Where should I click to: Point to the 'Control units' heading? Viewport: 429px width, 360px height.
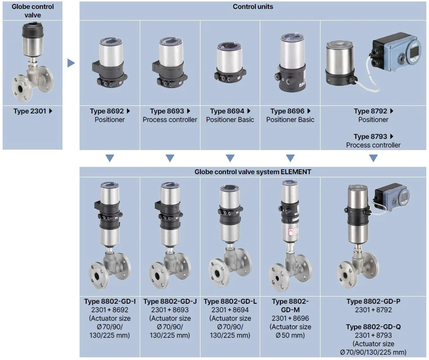(253, 7)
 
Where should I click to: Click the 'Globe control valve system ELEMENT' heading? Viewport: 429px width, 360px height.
(253, 172)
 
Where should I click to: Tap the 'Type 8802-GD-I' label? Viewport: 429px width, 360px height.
(110, 301)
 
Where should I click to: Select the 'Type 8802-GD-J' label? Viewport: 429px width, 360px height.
(170, 301)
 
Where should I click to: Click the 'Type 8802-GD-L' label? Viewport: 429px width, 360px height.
(230, 301)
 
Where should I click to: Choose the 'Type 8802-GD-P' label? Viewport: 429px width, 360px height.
(373, 301)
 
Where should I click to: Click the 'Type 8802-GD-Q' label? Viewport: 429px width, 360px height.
(373, 327)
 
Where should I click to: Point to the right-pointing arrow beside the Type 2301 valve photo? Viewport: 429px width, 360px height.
(71, 63)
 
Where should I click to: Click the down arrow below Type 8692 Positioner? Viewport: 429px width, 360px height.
(109, 158)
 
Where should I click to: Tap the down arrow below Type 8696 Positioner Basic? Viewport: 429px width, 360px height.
(290, 158)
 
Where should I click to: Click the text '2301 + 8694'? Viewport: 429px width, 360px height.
(230, 310)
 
